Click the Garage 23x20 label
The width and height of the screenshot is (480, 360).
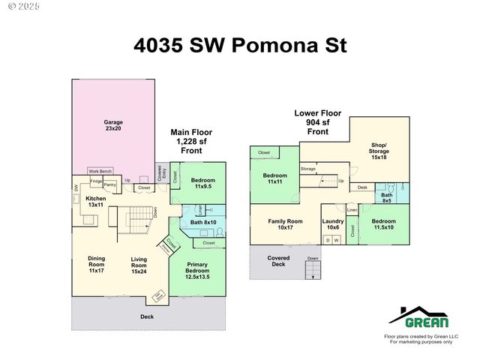pos(113,125)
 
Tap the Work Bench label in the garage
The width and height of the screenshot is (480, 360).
pos(100,171)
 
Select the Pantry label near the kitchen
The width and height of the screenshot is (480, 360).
pos(109,184)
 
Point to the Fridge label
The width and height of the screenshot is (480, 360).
pos(96,181)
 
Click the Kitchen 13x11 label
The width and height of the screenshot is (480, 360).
pos(95,201)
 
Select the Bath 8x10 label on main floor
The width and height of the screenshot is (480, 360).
pos(202,222)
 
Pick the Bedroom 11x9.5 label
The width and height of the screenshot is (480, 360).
pos(202,183)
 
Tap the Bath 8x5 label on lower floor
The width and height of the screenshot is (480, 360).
pos(386,197)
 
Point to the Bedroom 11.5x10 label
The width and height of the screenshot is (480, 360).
pos(383,224)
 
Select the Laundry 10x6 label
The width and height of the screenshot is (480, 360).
pos(333,224)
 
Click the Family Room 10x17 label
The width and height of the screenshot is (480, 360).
pos(285,224)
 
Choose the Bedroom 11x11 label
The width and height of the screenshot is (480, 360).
pos(274,178)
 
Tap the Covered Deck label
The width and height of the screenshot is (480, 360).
pos(278,261)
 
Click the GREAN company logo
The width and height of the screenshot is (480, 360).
pos(419,318)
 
